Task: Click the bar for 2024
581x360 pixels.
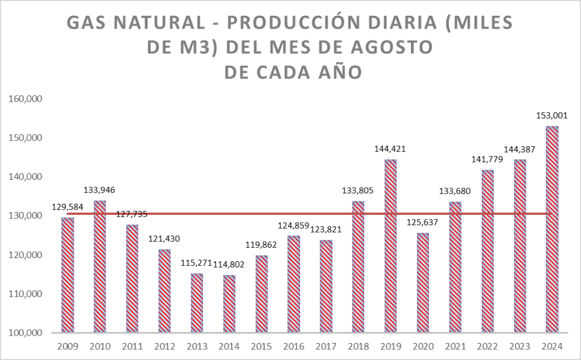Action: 551,229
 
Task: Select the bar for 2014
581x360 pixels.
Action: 229,304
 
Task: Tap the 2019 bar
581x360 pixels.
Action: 390,246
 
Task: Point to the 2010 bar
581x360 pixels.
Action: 100,266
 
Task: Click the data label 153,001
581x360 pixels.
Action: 551,116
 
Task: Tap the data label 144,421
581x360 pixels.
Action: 390,149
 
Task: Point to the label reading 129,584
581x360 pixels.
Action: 68,207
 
